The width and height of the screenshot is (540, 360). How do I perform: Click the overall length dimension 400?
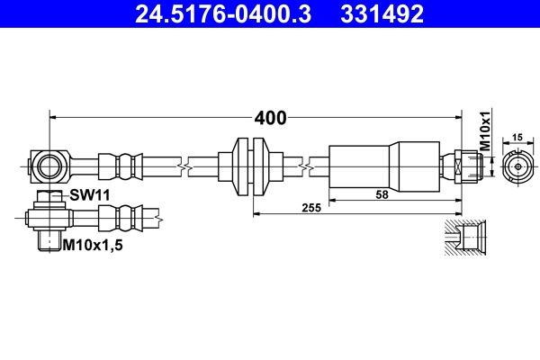click(x=270, y=118)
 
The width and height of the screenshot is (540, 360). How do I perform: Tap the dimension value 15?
click(x=516, y=138)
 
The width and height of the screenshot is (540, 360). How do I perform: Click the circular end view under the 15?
click(x=517, y=166)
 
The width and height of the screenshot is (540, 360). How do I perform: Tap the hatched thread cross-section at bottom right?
click(x=467, y=239)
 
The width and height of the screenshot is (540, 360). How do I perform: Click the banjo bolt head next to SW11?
click(x=49, y=197)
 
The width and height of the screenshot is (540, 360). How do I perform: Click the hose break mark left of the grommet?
click(x=184, y=166)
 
